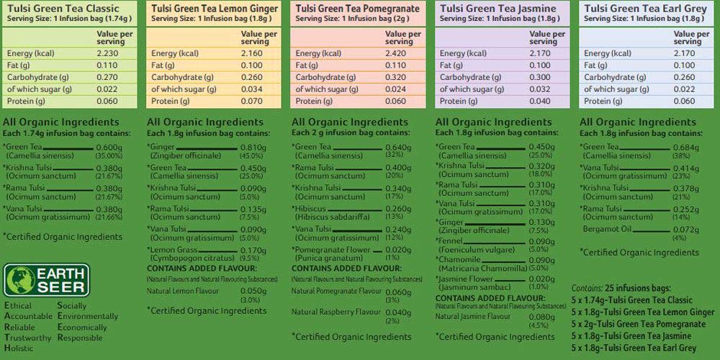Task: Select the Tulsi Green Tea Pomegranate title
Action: click(357, 8)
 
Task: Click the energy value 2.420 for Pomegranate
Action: click(392, 53)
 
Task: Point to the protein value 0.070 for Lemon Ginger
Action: click(249, 101)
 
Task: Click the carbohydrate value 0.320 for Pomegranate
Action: click(393, 77)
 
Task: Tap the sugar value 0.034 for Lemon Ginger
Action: click(249, 89)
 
